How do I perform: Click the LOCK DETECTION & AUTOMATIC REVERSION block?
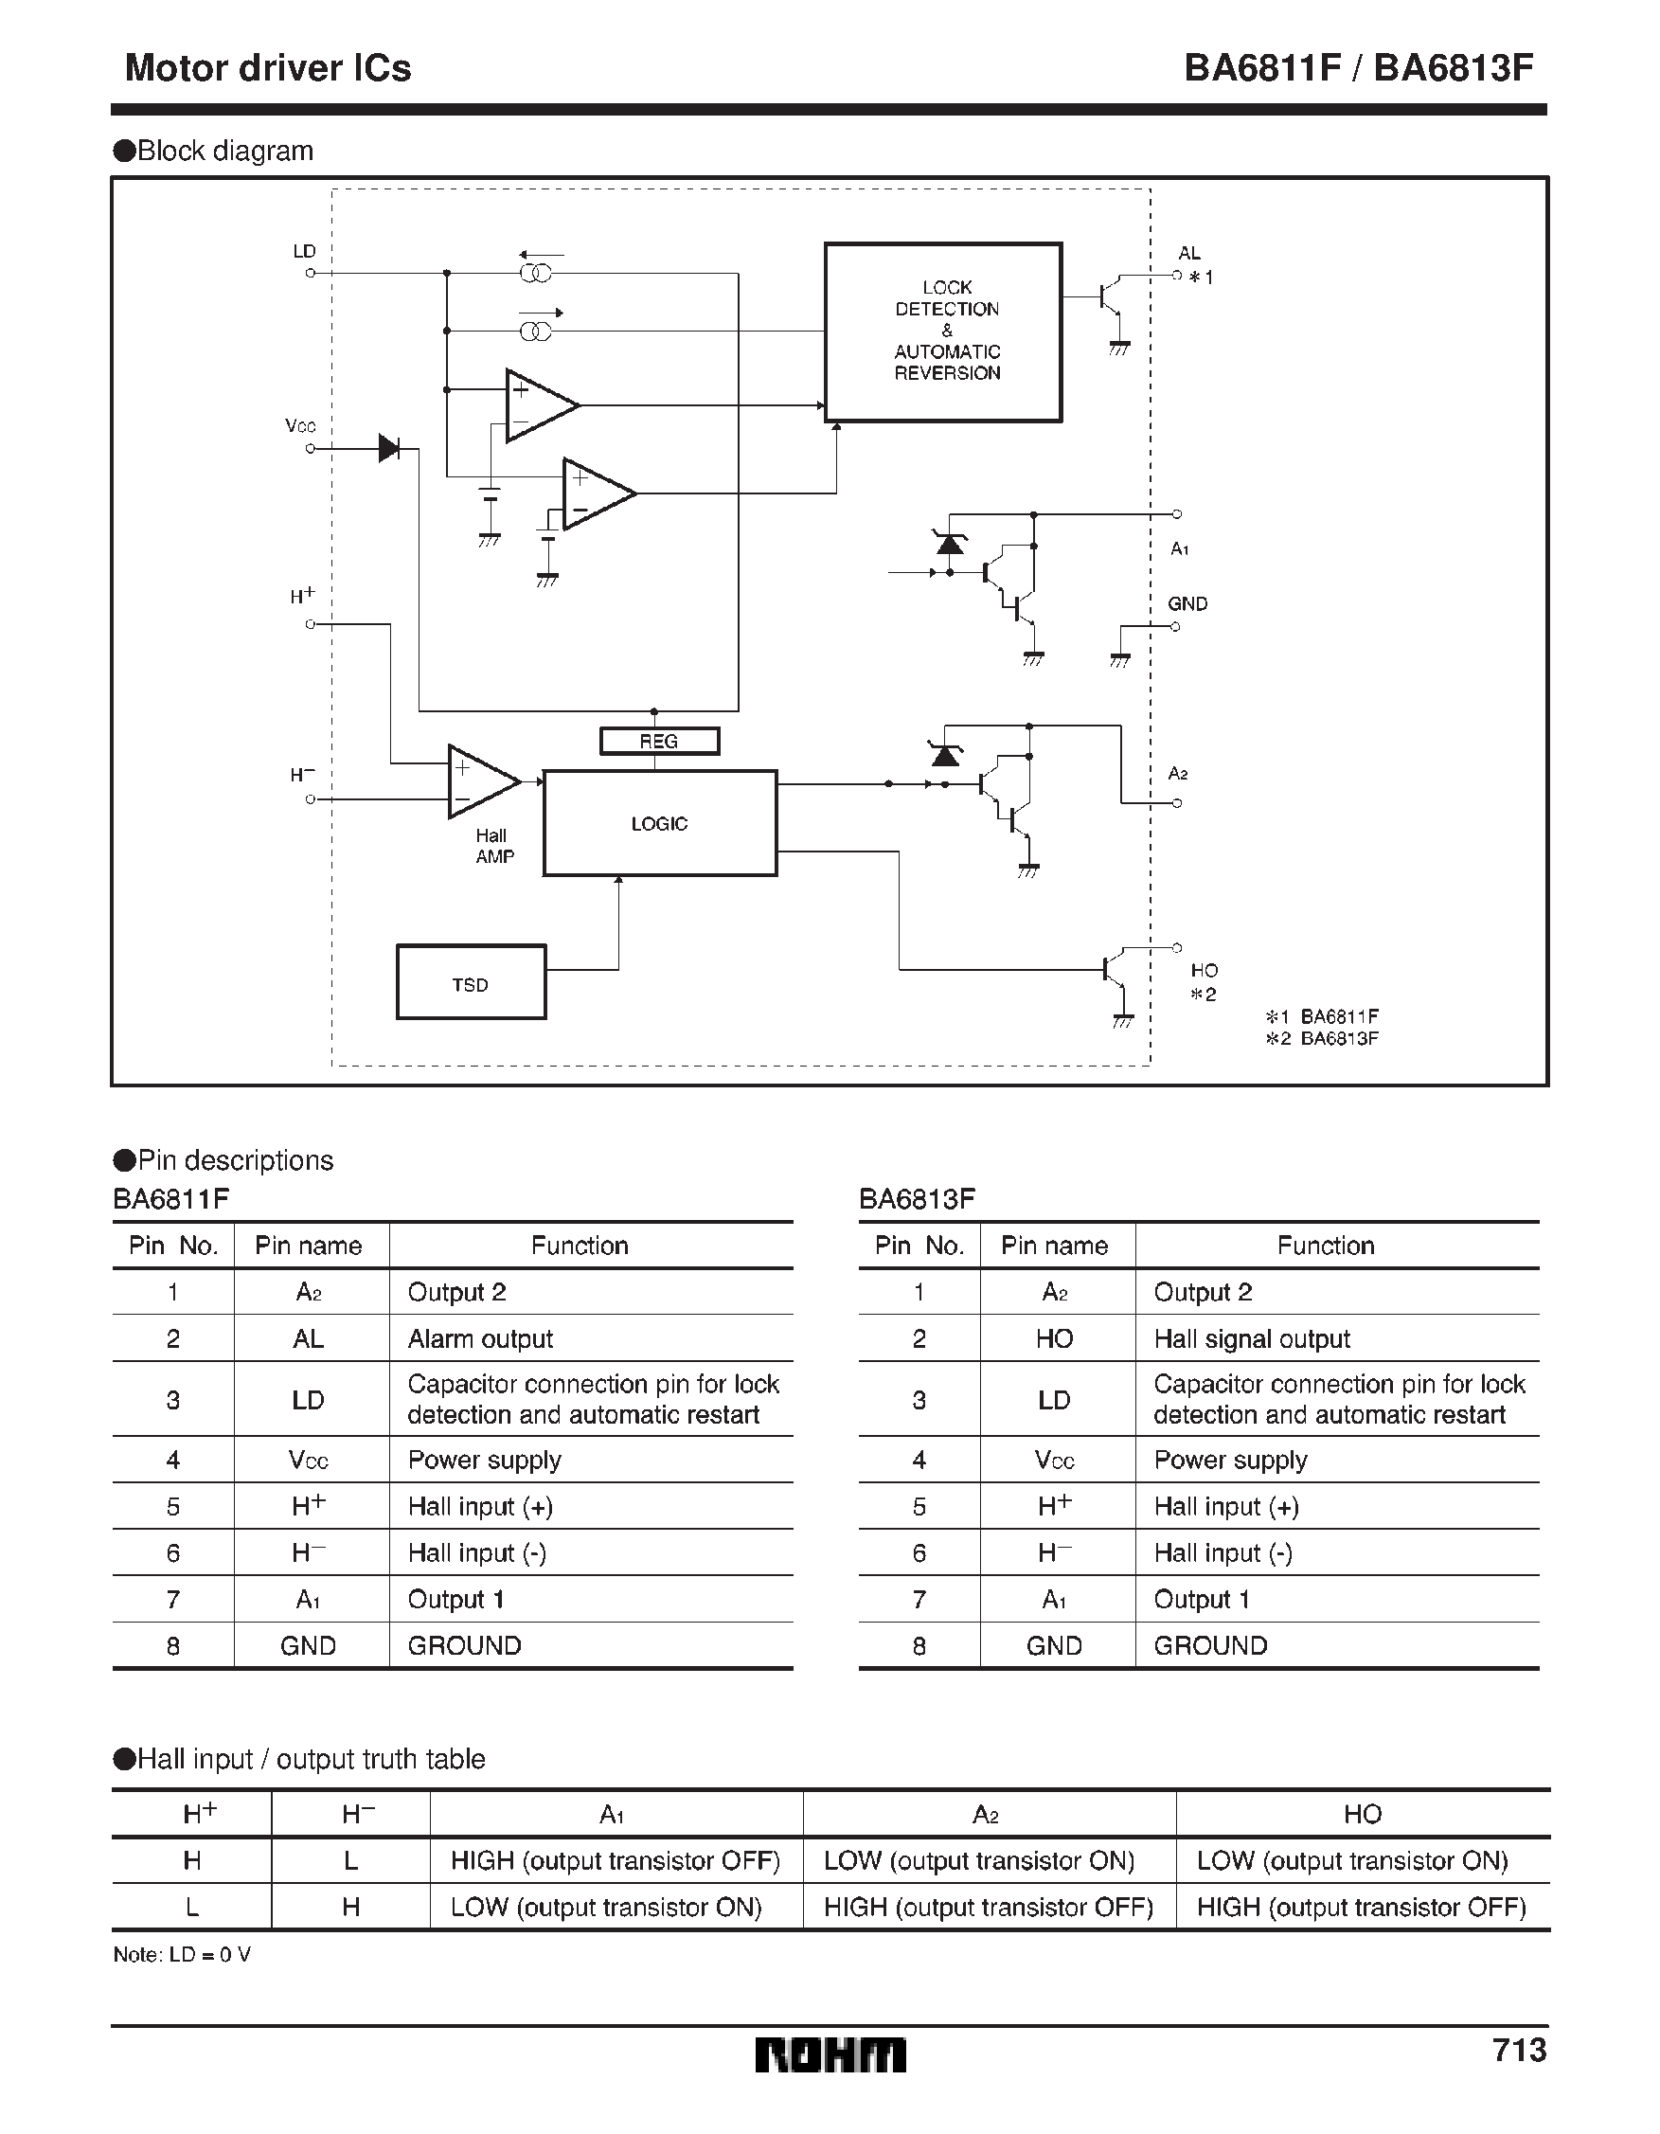943,332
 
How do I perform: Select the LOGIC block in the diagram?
659,824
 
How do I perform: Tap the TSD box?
470,983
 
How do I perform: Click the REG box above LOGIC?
659,742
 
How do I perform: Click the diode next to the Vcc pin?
389,449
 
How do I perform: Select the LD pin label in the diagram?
304,251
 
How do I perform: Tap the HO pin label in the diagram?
1204,970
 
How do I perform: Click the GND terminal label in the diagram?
1187,604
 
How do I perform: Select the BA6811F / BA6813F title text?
1358,67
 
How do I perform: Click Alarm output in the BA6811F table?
480,1338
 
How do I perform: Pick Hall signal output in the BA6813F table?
1252,1338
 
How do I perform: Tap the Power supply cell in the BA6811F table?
484,1460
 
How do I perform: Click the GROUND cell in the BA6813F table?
1209,1645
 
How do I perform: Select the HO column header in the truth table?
1361,1815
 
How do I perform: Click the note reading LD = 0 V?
183,1954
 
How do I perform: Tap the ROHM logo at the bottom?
830,2054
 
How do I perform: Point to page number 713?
1518,2050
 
